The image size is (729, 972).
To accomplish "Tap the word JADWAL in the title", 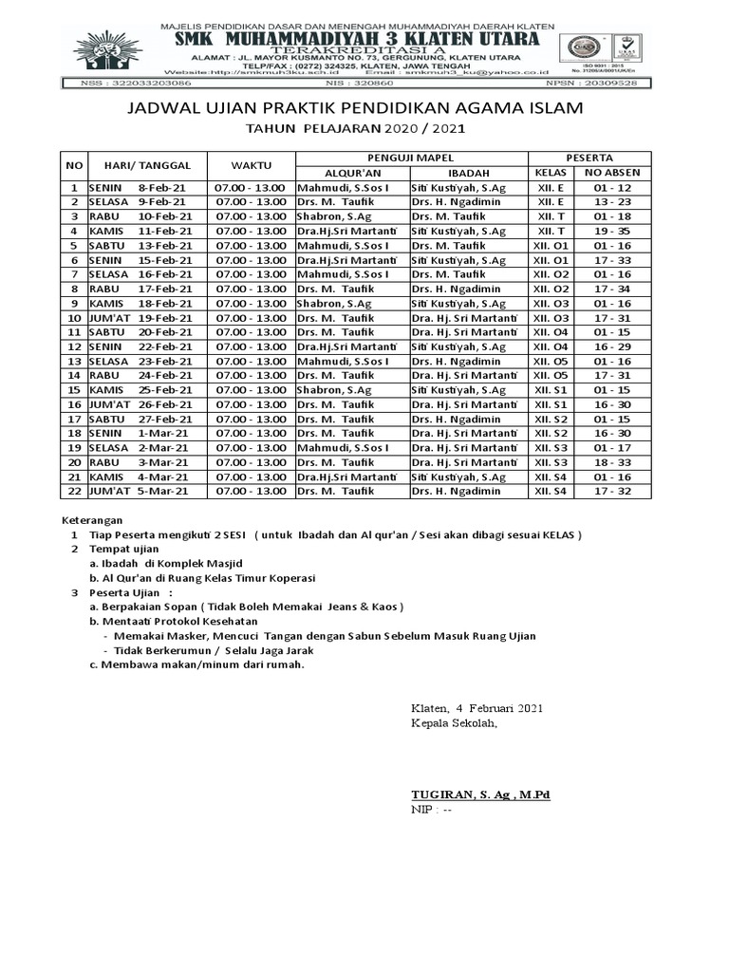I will click(165, 111).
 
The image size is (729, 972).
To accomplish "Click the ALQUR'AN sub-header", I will click(351, 174).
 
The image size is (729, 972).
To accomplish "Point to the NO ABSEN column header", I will click(612, 174).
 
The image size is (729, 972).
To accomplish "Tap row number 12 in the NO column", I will click(73, 346).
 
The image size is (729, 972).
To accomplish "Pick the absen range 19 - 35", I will click(612, 231).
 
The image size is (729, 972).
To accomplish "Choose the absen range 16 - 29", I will click(612, 346).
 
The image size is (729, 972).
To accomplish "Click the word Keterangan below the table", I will click(91, 520).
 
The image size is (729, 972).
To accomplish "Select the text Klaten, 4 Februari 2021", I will click(477, 708).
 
